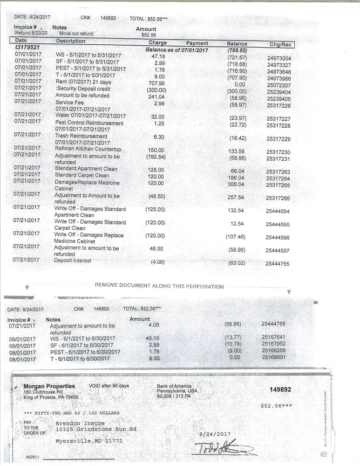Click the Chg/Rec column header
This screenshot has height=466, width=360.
click(x=280, y=45)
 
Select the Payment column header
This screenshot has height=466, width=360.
click(x=197, y=43)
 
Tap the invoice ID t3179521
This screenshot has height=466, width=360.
click(x=27, y=48)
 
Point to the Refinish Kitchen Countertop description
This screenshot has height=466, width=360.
click(x=88, y=150)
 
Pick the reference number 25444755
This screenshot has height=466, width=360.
click(x=278, y=264)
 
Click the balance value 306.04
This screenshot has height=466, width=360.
click(x=237, y=185)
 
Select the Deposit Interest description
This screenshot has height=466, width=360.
click(x=73, y=260)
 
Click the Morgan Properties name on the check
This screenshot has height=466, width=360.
click(x=49, y=386)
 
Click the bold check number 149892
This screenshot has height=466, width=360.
click(x=280, y=390)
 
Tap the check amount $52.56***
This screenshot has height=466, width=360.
click(x=277, y=405)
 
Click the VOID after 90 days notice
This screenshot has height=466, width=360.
click(x=109, y=386)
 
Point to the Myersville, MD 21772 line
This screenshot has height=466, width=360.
click(x=89, y=440)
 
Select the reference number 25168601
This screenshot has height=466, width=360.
click(x=273, y=357)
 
